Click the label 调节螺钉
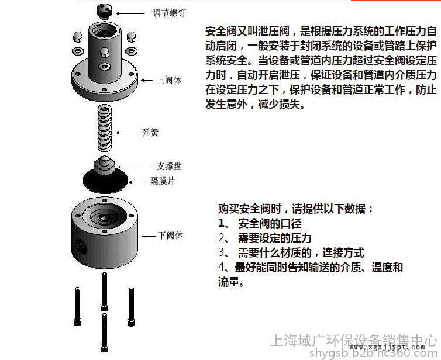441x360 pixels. point(169,13)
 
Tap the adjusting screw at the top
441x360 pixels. point(104,11)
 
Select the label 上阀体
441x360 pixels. point(169,81)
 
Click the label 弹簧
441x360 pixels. point(150,132)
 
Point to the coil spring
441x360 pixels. point(104,128)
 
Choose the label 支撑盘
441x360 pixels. point(169,167)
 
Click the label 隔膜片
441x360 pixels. point(163,181)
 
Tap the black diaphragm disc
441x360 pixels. point(105,182)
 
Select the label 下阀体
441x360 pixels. point(170,236)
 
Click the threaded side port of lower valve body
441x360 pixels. point(81,247)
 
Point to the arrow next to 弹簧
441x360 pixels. point(128,133)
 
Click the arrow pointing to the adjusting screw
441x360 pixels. point(130,13)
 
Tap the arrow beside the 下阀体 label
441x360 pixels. point(149,236)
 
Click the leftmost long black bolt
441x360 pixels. point(77,306)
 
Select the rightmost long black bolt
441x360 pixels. point(131,307)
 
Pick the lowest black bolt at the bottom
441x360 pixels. point(104,333)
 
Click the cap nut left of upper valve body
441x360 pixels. point(78,37)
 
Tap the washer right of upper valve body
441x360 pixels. point(132,51)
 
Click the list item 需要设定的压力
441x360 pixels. point(275,238)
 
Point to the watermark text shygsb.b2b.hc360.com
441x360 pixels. point(373,354)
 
